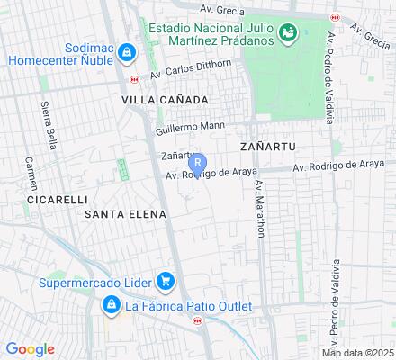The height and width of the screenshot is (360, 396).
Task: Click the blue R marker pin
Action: click(199, 164)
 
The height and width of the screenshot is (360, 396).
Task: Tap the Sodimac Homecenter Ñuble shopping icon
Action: click(128, 51)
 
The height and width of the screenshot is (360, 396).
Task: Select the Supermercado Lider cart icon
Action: click(165, 283)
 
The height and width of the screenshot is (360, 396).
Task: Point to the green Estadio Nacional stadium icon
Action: click(289, 34)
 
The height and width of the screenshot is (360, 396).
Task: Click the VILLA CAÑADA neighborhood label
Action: click(166, 99)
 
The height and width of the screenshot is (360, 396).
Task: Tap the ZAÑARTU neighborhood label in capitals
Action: click(269, 145)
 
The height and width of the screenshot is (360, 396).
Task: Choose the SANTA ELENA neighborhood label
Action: click(125, 213)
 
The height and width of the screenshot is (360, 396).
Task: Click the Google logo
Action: click(30, 348)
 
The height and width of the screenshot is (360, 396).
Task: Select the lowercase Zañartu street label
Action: click(176, 156)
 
